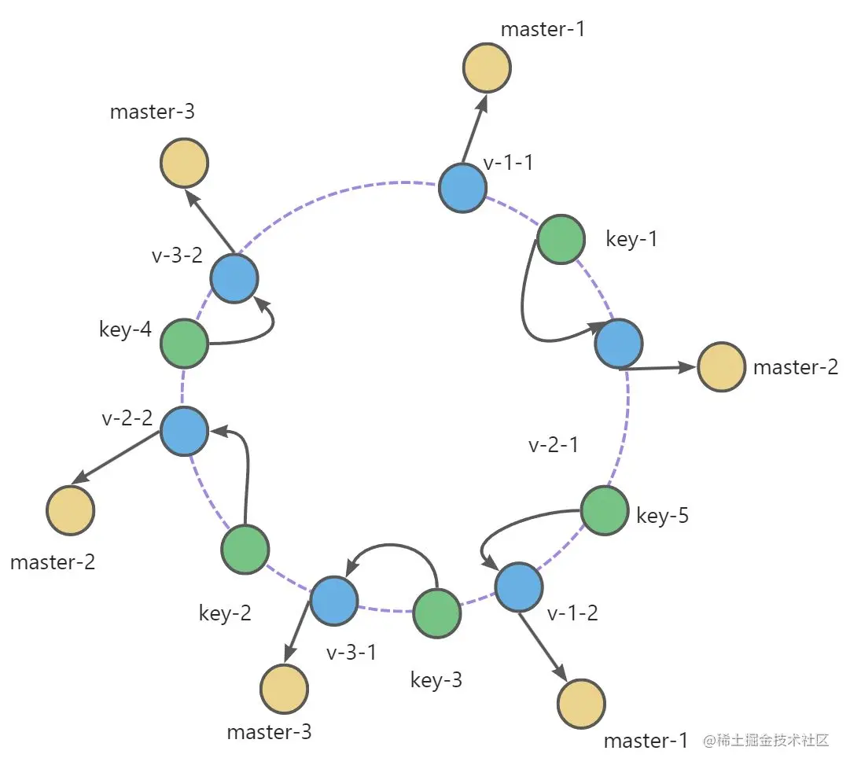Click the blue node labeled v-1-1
462,188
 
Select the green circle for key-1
560,240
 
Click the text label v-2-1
554,444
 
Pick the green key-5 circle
605,510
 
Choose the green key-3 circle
437,613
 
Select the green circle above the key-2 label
245,549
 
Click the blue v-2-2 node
184,431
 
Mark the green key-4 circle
184,344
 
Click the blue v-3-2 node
234,279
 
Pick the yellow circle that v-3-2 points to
184,164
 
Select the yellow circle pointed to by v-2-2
71,510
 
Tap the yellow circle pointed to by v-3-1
285,689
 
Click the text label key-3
436,679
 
